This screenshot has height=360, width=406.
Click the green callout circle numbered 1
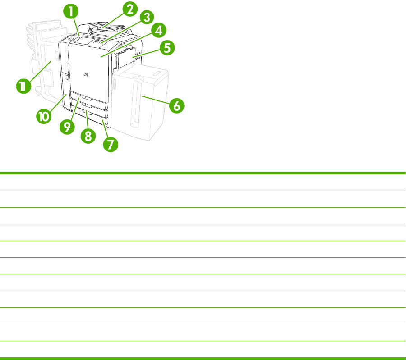pyautogui.click(x=71, y=11)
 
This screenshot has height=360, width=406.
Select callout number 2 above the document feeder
pyautogui.click(x=130, y=9)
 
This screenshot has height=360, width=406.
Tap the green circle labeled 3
pyautogui.click(x=147, y=17)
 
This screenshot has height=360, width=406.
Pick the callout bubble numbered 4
pyautogui.click(x=159, y=30)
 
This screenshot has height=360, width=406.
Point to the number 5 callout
pyautogui.click(x=167, y=48)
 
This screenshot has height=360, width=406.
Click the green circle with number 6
pyautogui.click(x=176, y=105)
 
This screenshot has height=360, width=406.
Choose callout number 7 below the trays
pyautogui.click(x=111, y=144)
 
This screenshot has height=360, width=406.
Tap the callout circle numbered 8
pyautogui.click(x=88, y=136)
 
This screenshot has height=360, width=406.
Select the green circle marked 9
pyautogui.click(x=67, y=127)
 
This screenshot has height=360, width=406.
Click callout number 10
pyautogui.click(x=44, y=116)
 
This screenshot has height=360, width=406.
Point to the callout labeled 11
pyautogui.click(x=23, y=86)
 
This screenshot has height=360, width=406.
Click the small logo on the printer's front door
pyautogui.click(x=86, y=75)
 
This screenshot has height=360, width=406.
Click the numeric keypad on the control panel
pyautogui.click(x=98, y=41)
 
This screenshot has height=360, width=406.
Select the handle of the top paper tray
pyautogui.click(x=87, y=98)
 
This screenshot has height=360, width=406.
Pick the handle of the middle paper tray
pyautogui.click(x=88, y=105)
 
